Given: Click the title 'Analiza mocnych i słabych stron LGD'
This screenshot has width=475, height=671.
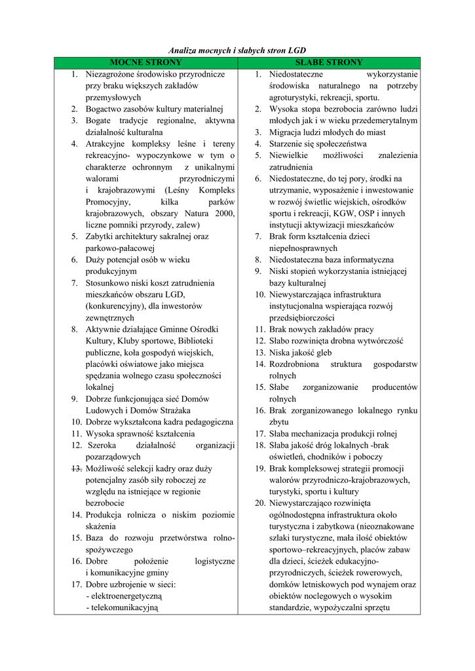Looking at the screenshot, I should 237,50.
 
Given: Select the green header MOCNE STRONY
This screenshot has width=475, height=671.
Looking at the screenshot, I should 145,62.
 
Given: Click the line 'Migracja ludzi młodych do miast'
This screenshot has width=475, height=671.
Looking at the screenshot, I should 326,132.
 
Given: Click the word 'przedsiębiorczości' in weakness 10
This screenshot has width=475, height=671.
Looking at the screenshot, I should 301,318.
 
